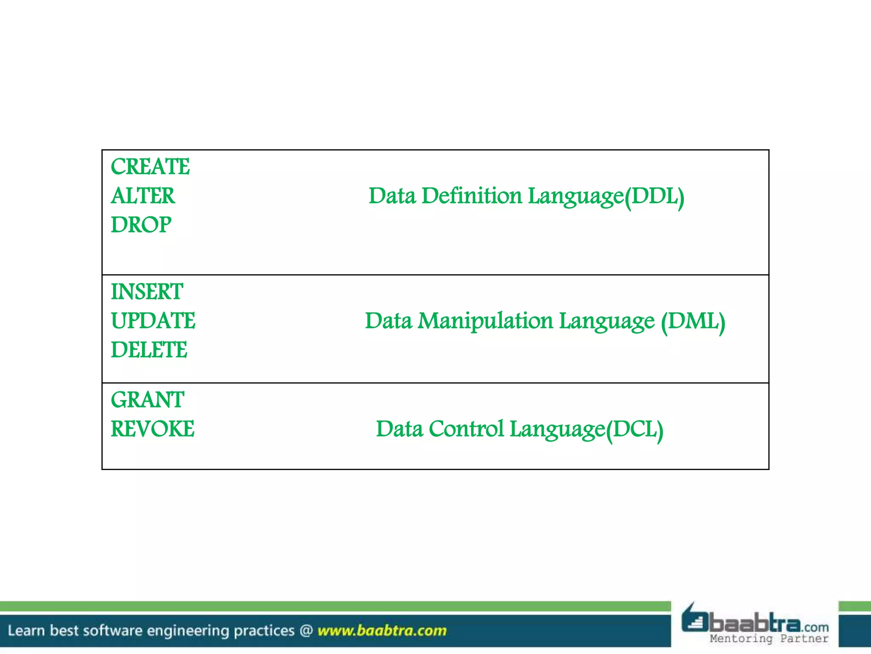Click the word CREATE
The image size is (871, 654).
click(x=150, y=166)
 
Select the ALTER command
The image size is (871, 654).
click(x=143, y=196)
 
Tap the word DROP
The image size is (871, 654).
click(x=141, y=224)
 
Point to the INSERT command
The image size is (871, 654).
click(x=147, y=292)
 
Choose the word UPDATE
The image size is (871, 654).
click(x=153, y=321)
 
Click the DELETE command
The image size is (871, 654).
click(x=149, y=350)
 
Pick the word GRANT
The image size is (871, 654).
click(x=148, y=400)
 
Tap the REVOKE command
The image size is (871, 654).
click(x=153, y=429)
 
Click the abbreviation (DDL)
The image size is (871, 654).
click(x=655, y=196)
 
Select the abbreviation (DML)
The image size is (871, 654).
click(x=693, y=321)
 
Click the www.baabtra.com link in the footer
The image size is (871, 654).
click(x=382, y=630)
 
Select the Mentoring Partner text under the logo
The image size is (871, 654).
click(x=769, y=638)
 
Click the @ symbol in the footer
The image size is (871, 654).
click(x=306, y=630)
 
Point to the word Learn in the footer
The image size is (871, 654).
click(x=26, y=630)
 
